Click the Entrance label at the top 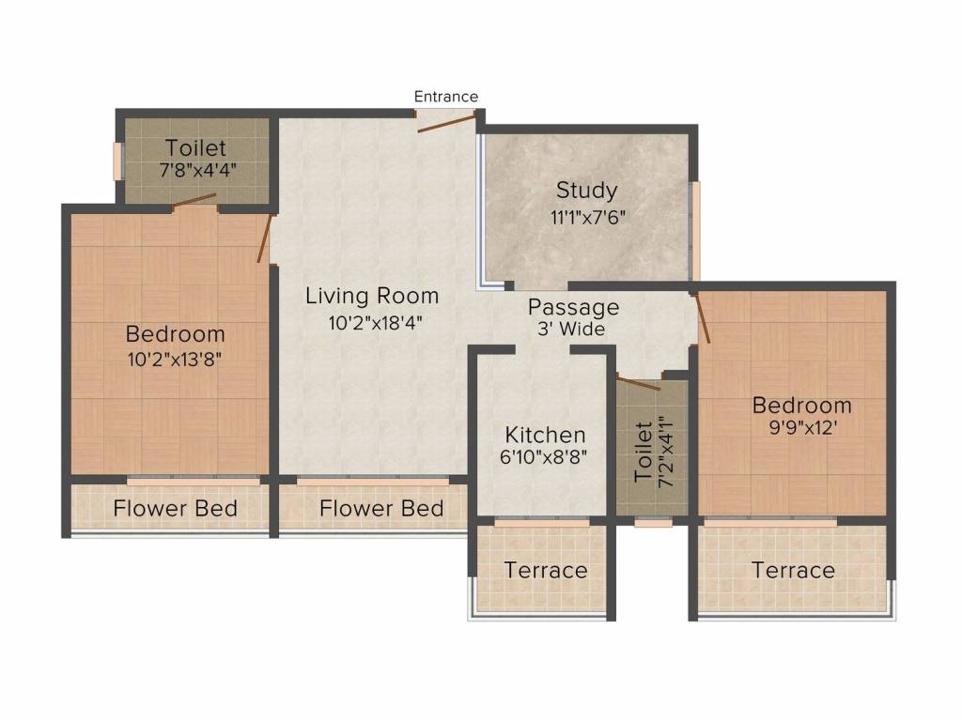(446, 97)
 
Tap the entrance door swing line (446, 121)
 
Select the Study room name (586, 191)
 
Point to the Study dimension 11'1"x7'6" (588, 217)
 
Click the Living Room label (372, 296)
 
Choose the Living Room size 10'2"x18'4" (376, 323)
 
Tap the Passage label (574, 307)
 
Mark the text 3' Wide (571, 330)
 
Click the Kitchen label (546, 435)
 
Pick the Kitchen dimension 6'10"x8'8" (544, 457)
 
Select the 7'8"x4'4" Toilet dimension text (197, 170)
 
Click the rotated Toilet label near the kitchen (643, 452)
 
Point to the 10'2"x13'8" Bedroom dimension (174, 359)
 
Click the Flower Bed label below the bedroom (176, 508)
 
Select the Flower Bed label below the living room (381, 508)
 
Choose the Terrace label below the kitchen (546, 571)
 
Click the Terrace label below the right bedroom (793, 571)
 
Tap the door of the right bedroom (703, 317)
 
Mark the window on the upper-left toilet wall (117, 161)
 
